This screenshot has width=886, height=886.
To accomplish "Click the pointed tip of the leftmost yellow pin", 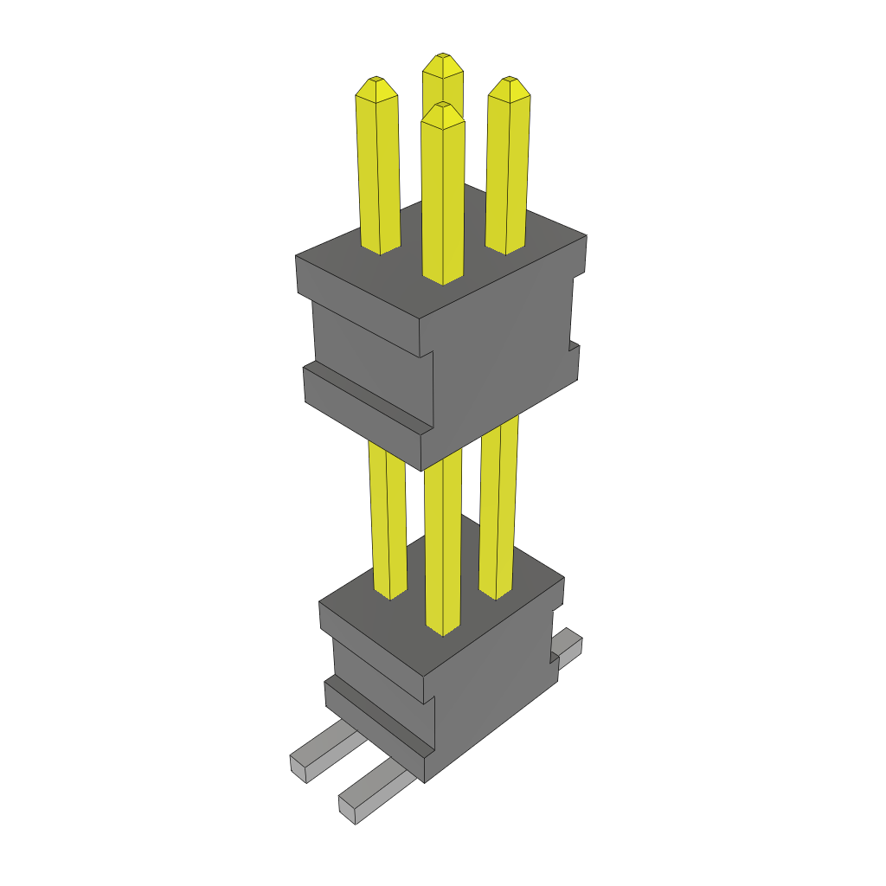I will (x=376, y=80).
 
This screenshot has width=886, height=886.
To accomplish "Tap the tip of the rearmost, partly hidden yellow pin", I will (x=442, y=57).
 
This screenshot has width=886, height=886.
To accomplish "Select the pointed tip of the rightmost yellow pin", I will (x=509, y=81).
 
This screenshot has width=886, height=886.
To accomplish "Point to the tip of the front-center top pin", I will (x=442, y=106).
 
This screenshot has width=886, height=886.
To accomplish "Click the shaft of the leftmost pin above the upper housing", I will (x=378, y=173).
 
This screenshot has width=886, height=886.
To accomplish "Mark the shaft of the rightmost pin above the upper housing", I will (x=508, y=173).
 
